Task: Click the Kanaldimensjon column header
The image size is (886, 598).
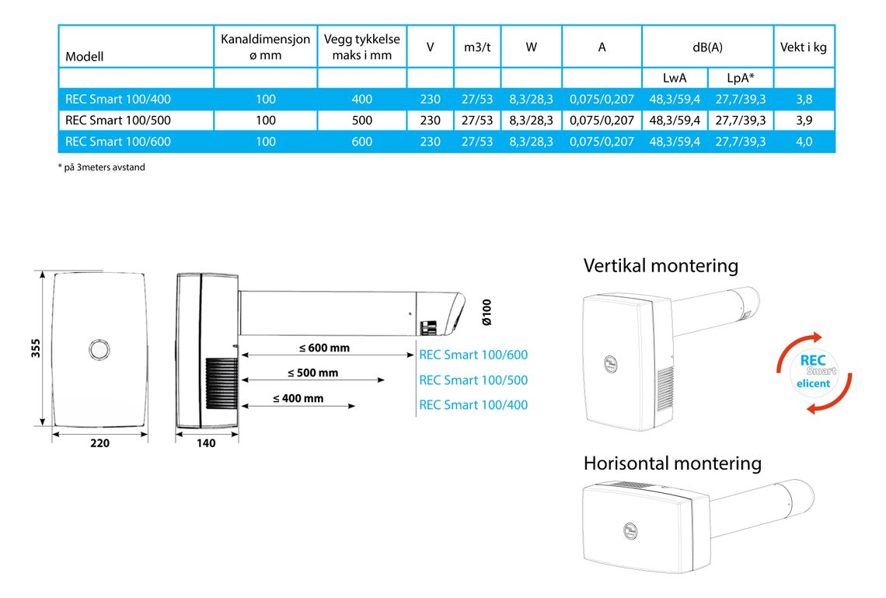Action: pos(266,47)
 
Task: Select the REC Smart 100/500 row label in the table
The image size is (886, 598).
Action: pos(117,121)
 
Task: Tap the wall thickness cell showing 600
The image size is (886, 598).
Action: pos(361,142)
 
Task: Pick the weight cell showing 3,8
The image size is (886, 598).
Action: pos(804,100)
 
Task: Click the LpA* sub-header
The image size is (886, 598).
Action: pos(740,78)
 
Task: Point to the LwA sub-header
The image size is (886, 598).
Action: pos(675,78)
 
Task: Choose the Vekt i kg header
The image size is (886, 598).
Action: pos(804,47)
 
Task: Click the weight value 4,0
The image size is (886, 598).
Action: pos(804,142)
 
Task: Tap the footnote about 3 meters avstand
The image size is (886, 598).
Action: pos(102,167)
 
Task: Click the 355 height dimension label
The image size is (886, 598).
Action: pos(36,348)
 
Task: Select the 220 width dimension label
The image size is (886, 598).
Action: pos(100,443)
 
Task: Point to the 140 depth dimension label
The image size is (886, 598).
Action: pos(206,443)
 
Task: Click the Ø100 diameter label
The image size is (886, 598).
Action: pos(487,312)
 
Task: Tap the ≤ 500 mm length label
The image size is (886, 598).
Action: pos(313,373)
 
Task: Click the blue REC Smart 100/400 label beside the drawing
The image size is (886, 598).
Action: pos(473,404)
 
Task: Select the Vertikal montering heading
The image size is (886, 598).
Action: pos(661,266)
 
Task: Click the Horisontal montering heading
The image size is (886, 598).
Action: pos(672,463)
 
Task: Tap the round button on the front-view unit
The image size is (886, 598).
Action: pos(99,350)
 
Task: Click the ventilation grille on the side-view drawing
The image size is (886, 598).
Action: pos(221,383)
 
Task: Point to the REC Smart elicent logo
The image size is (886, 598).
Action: pos(814,372)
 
